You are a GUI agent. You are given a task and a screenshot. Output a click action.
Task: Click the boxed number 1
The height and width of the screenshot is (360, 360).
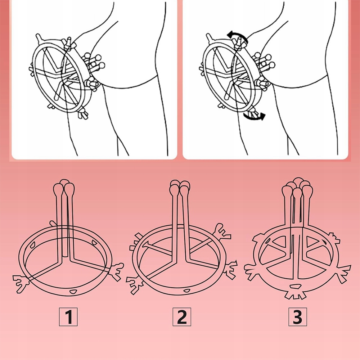pos(68,317)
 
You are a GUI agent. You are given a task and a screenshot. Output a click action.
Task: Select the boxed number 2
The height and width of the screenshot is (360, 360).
pos(182,317)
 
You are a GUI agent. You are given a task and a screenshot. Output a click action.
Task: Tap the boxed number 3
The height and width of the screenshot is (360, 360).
pos(298,317)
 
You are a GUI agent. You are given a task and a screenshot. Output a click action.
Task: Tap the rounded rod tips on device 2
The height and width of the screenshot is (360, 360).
pos(180,187)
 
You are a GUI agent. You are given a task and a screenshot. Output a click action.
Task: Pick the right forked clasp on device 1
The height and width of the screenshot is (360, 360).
pos(116,271)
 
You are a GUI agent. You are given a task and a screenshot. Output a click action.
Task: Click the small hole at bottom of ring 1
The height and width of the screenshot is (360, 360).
pos(73,292)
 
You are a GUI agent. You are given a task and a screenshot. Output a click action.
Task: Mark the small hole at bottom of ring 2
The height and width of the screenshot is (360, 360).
pos(186,291)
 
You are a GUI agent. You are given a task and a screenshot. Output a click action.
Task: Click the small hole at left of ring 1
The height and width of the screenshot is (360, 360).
pos(32,245)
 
